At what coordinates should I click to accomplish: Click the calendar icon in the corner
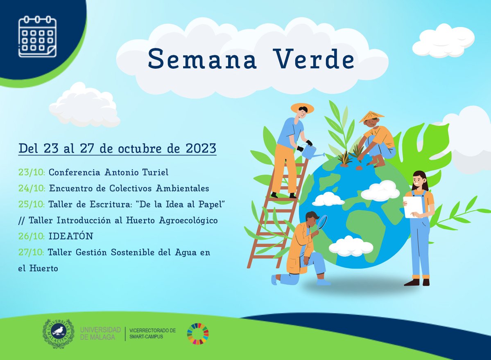(x=37, y=36)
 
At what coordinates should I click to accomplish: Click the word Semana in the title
(x=202, y=59)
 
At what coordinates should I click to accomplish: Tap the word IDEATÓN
(x=71, y=236)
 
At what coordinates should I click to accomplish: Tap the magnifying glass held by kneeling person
(x=323, y=222)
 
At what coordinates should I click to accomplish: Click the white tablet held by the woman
(x=413, y=207)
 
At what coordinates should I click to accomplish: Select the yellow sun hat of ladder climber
(x=302, y=108)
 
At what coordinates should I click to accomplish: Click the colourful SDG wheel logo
(x=198, y=334)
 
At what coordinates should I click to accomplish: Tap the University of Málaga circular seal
(x=59, y=333)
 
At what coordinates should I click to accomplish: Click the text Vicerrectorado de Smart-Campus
(x=152, y=333)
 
